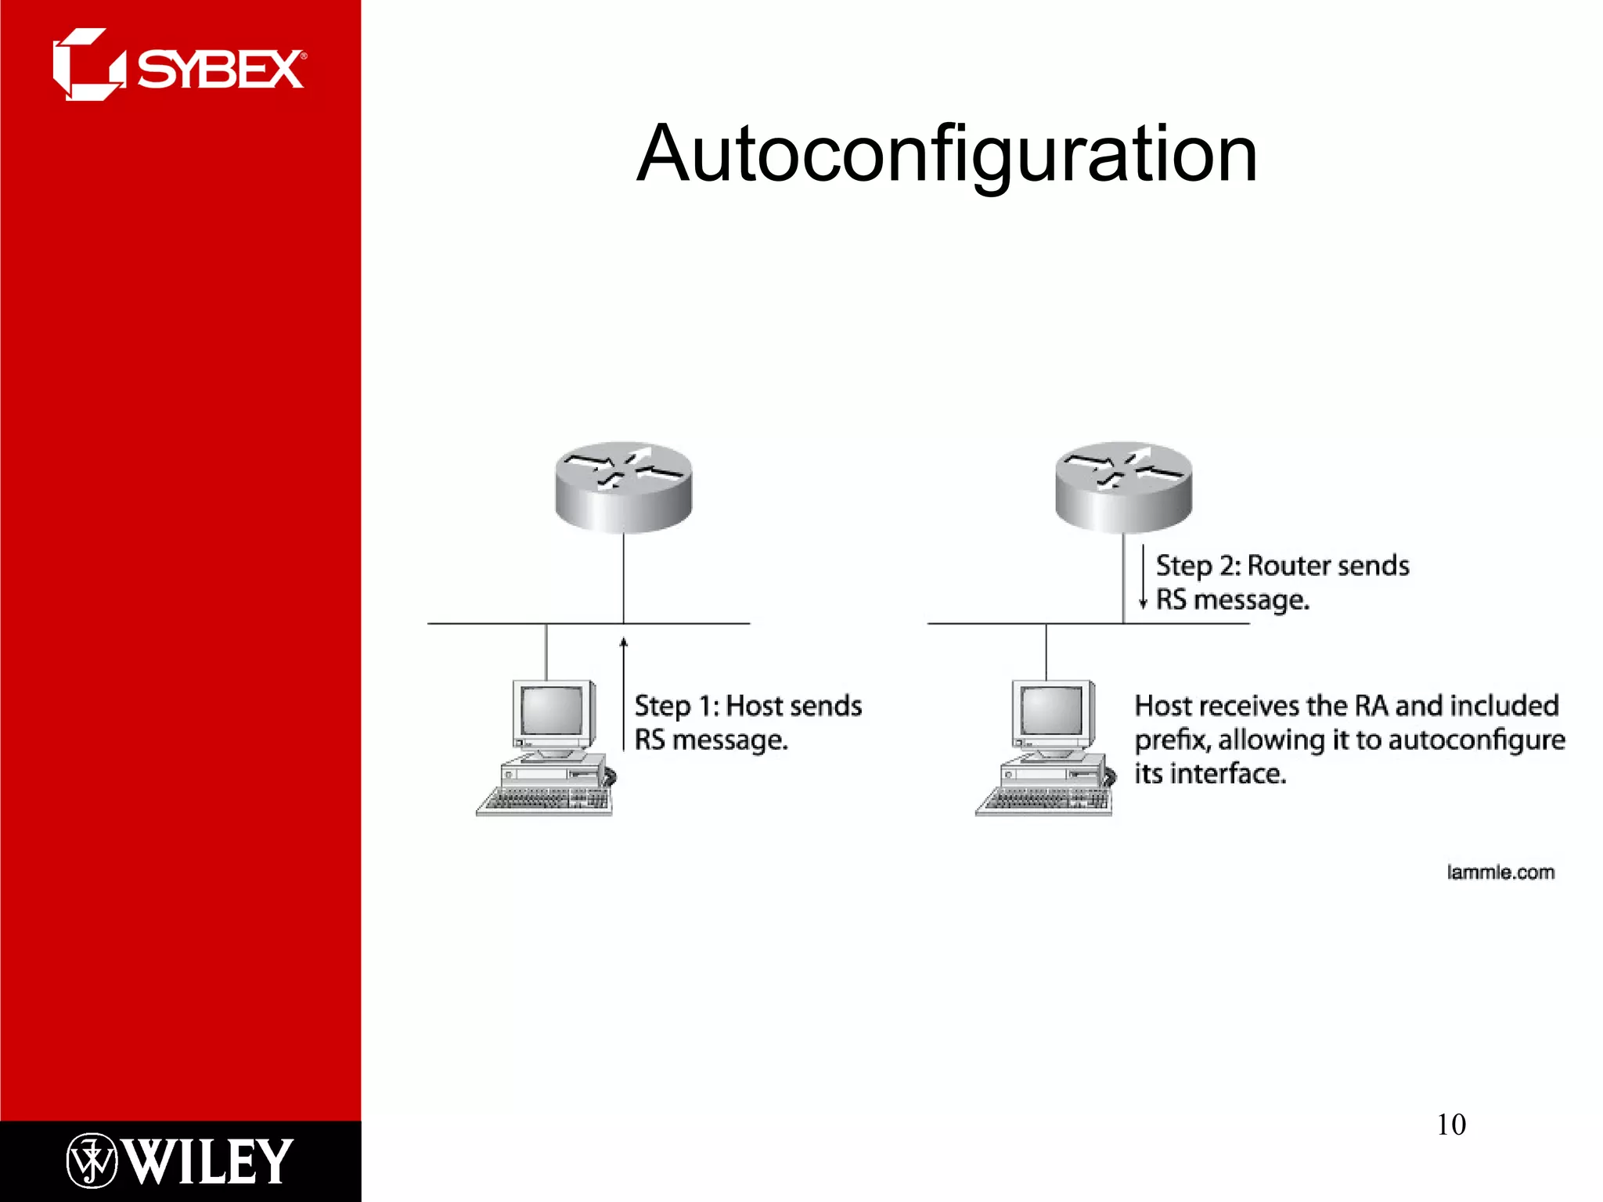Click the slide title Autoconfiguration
(946, 154)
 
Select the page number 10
(1450, 1125)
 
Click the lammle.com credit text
(1500, 872)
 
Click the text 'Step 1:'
(675, 706)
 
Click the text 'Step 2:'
(1198, 565)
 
